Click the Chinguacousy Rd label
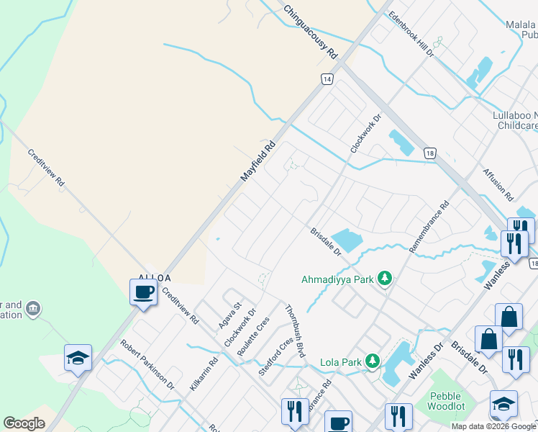(310, 32)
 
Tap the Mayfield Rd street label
(258, 161)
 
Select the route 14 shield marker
(327, 79)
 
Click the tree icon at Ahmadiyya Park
(386, 279)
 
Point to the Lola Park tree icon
(373, 361)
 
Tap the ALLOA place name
(155, 277)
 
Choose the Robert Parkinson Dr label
(147, 365)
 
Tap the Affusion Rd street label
(498, 186)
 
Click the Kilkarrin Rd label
(204, 374)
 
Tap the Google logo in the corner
(24, 423)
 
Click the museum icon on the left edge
(32, 310)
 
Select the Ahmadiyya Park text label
(339, 279)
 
